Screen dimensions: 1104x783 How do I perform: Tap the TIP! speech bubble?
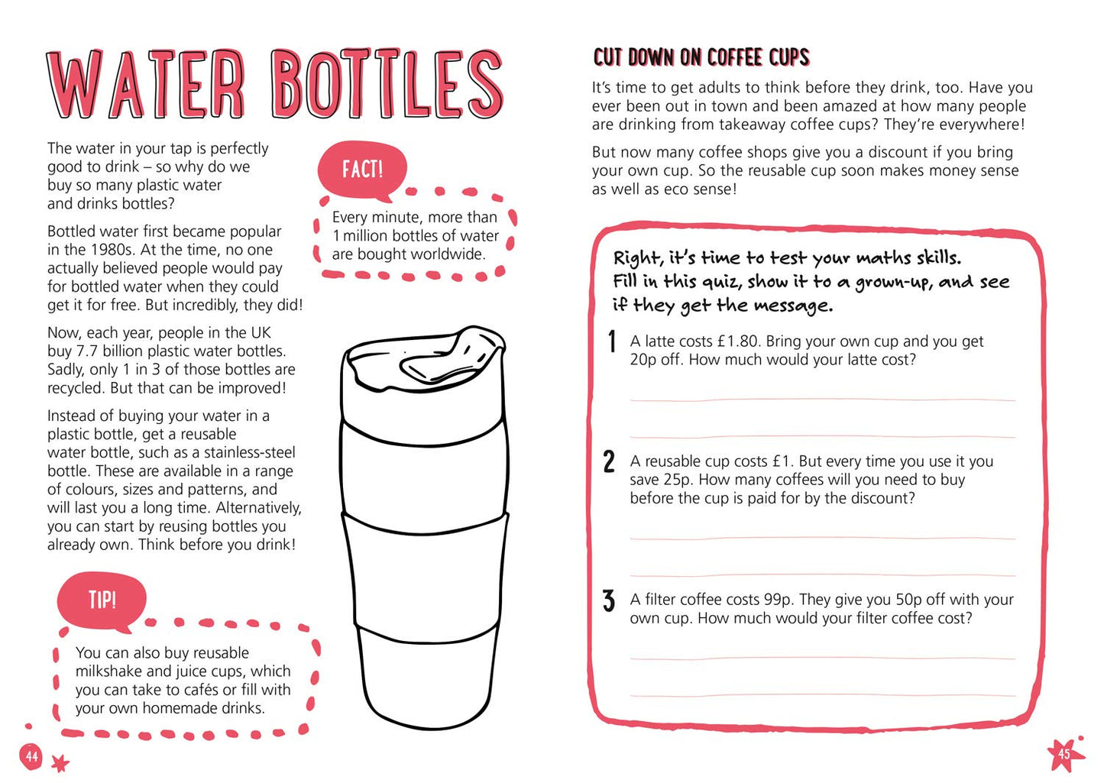[x=102, y=600]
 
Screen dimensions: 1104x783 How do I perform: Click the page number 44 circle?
[x=31, y=755]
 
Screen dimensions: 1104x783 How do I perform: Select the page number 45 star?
[x=1065, y=753]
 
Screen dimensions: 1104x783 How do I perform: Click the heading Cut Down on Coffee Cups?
[x=701, y=57]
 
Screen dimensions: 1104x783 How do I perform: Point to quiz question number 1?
[x=612, y=341]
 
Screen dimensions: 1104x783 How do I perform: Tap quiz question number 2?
[x=609, y=461]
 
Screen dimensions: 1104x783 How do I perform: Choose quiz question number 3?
[x=609, y=600]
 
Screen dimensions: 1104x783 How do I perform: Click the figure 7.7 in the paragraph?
[x=87, y=351]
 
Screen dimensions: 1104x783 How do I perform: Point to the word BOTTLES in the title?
[x=387, y=84]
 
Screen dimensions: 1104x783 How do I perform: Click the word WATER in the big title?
[x=145, y=84]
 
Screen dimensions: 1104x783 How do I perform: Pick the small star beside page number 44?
[x=60, y=763]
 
